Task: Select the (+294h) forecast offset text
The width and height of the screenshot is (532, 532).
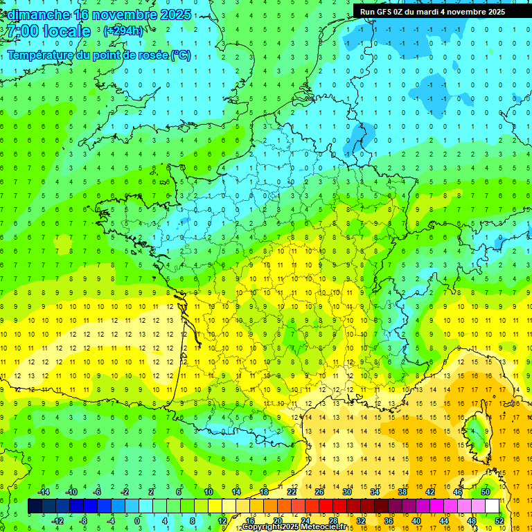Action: pos(123,31)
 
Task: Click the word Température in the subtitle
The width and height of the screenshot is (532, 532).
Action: pos(42,55)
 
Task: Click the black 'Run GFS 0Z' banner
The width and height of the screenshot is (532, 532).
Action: pos(432,12)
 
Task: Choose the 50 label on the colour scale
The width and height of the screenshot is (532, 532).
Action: pos(485,492)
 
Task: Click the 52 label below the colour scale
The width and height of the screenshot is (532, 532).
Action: pos(499,521)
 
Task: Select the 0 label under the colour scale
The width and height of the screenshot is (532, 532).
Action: pos(137,521)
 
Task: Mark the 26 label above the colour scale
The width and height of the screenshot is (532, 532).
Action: pos(319,492)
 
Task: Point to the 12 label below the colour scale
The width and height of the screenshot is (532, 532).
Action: pos(223,521)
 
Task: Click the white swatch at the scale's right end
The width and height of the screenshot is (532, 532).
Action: pos(492,506)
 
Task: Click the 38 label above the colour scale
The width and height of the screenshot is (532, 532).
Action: pos(402,492)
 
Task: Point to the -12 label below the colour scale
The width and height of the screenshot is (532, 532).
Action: pos(58,521)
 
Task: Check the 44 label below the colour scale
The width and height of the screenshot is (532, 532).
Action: pos(444,521)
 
